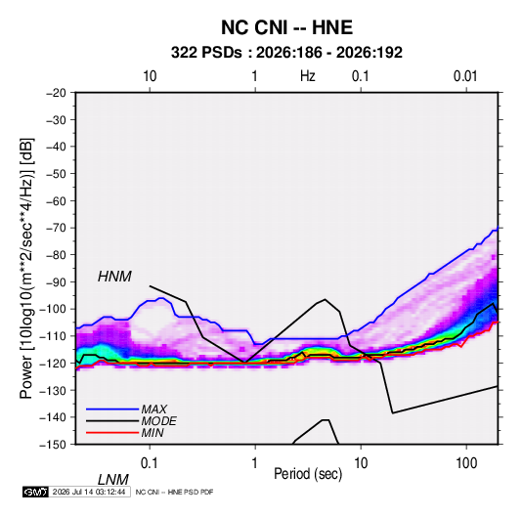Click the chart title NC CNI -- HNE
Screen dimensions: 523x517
pyautogui.click(x=286, y=27)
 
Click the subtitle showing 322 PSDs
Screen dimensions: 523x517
pyautogui.click(x=286, y=53)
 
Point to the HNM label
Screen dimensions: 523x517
pyautogui.click(x=114, y=277)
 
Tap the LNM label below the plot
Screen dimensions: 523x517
pyautogui.click(x=113, y=480)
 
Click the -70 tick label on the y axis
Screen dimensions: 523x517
pyautogui.click(x=56, y=228)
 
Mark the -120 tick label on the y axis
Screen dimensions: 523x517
pyautogui.click(x=53, y=363)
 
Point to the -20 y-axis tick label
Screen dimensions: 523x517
pyautogui.click(x=56, y=93)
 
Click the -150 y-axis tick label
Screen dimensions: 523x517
pyautogui.click(x=53, y=445)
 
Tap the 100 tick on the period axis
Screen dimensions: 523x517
pyautogui.click(x=466, y=463)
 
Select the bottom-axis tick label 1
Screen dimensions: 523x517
pyautogui.click(x=255, y=463)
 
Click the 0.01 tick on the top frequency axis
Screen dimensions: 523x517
pyautogui.click(x=465, y=76)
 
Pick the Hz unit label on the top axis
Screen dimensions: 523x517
pyautogui.click(x=308, y=76)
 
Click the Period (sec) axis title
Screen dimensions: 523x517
pyautogui.click(x=308, y=474)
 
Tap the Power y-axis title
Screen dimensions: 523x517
pyautogui.click(x=26, y=268)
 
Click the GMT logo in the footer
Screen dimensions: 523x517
pyautogui.click(x=35, y=492)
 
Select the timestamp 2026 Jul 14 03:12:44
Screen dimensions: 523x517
pyautogui.click(x=89, y=492)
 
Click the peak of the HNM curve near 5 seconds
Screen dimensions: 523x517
pyautogui.click(x=325, y=299)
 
